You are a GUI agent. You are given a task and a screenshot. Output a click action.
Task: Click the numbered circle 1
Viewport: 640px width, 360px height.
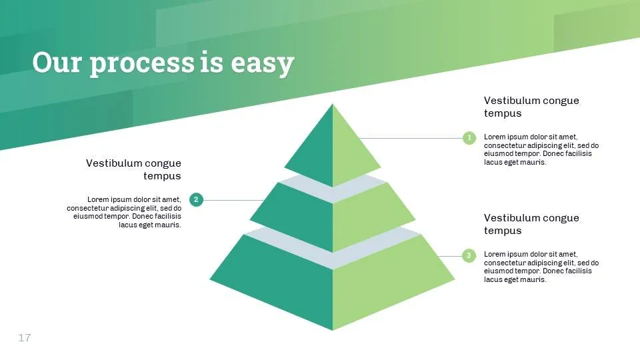pos(469,138)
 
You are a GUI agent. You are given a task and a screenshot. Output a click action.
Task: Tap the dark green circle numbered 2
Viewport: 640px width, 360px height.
pos(196,199)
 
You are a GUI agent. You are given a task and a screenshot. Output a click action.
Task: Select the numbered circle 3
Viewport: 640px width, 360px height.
pos(469,256)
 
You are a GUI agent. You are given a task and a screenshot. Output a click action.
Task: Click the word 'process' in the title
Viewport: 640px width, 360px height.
pos(142,63)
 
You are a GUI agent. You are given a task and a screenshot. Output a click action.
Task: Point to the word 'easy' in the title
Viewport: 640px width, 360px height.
pos(263,65)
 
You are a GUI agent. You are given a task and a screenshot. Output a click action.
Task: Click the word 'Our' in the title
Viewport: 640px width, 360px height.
pos(57,62)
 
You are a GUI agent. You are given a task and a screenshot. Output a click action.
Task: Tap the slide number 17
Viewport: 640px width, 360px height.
pos(25,337)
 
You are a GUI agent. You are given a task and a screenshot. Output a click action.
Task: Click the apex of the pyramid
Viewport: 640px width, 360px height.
pos(332,104)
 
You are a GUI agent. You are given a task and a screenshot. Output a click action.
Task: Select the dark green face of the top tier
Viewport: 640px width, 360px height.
pos(314,152)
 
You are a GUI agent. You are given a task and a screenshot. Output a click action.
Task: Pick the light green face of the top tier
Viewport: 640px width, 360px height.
pos(351,152)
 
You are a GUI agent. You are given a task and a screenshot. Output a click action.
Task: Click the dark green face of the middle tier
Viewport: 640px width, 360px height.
pos(297,216)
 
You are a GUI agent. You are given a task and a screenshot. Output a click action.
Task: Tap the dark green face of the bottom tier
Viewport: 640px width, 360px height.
pos(281,281)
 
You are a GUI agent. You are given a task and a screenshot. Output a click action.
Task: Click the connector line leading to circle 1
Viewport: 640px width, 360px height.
pos(411,138)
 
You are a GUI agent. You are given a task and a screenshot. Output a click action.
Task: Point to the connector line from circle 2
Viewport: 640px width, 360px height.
pos(233,200)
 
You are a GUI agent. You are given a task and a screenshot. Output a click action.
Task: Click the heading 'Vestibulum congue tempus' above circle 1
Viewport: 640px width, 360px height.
pos(531,107)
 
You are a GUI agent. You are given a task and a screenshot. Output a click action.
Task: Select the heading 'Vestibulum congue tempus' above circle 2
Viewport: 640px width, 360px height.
pos(133,169)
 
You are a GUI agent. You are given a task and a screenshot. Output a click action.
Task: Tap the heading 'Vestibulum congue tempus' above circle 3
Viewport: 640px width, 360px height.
pos(531,224)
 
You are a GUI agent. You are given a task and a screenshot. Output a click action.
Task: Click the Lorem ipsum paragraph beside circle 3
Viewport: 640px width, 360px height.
pos(541,267)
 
